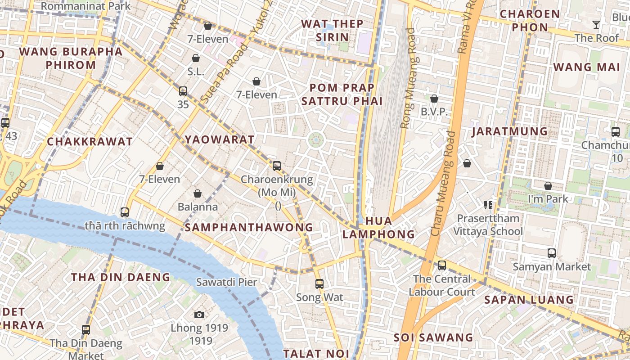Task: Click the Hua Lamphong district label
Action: [378, 228]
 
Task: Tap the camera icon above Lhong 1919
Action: [199, 315]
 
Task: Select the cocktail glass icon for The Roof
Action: [596, 25]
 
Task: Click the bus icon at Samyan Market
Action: [552, 253]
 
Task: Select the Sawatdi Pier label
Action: [226, 282]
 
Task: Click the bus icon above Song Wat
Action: [319, 284]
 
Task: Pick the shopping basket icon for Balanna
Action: [197, 193]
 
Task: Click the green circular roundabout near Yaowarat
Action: [316, 140]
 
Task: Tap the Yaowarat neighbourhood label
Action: [220, 139]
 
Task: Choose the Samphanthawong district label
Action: [249, 228]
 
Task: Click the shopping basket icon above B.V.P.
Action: [434, 98]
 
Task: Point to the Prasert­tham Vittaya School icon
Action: [488, 205]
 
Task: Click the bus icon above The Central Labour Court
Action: [442, 265]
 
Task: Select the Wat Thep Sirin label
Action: [332, 30]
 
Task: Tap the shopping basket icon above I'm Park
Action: [548, 185]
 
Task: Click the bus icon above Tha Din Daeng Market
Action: [86, 329]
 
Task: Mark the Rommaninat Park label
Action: [85, 6]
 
